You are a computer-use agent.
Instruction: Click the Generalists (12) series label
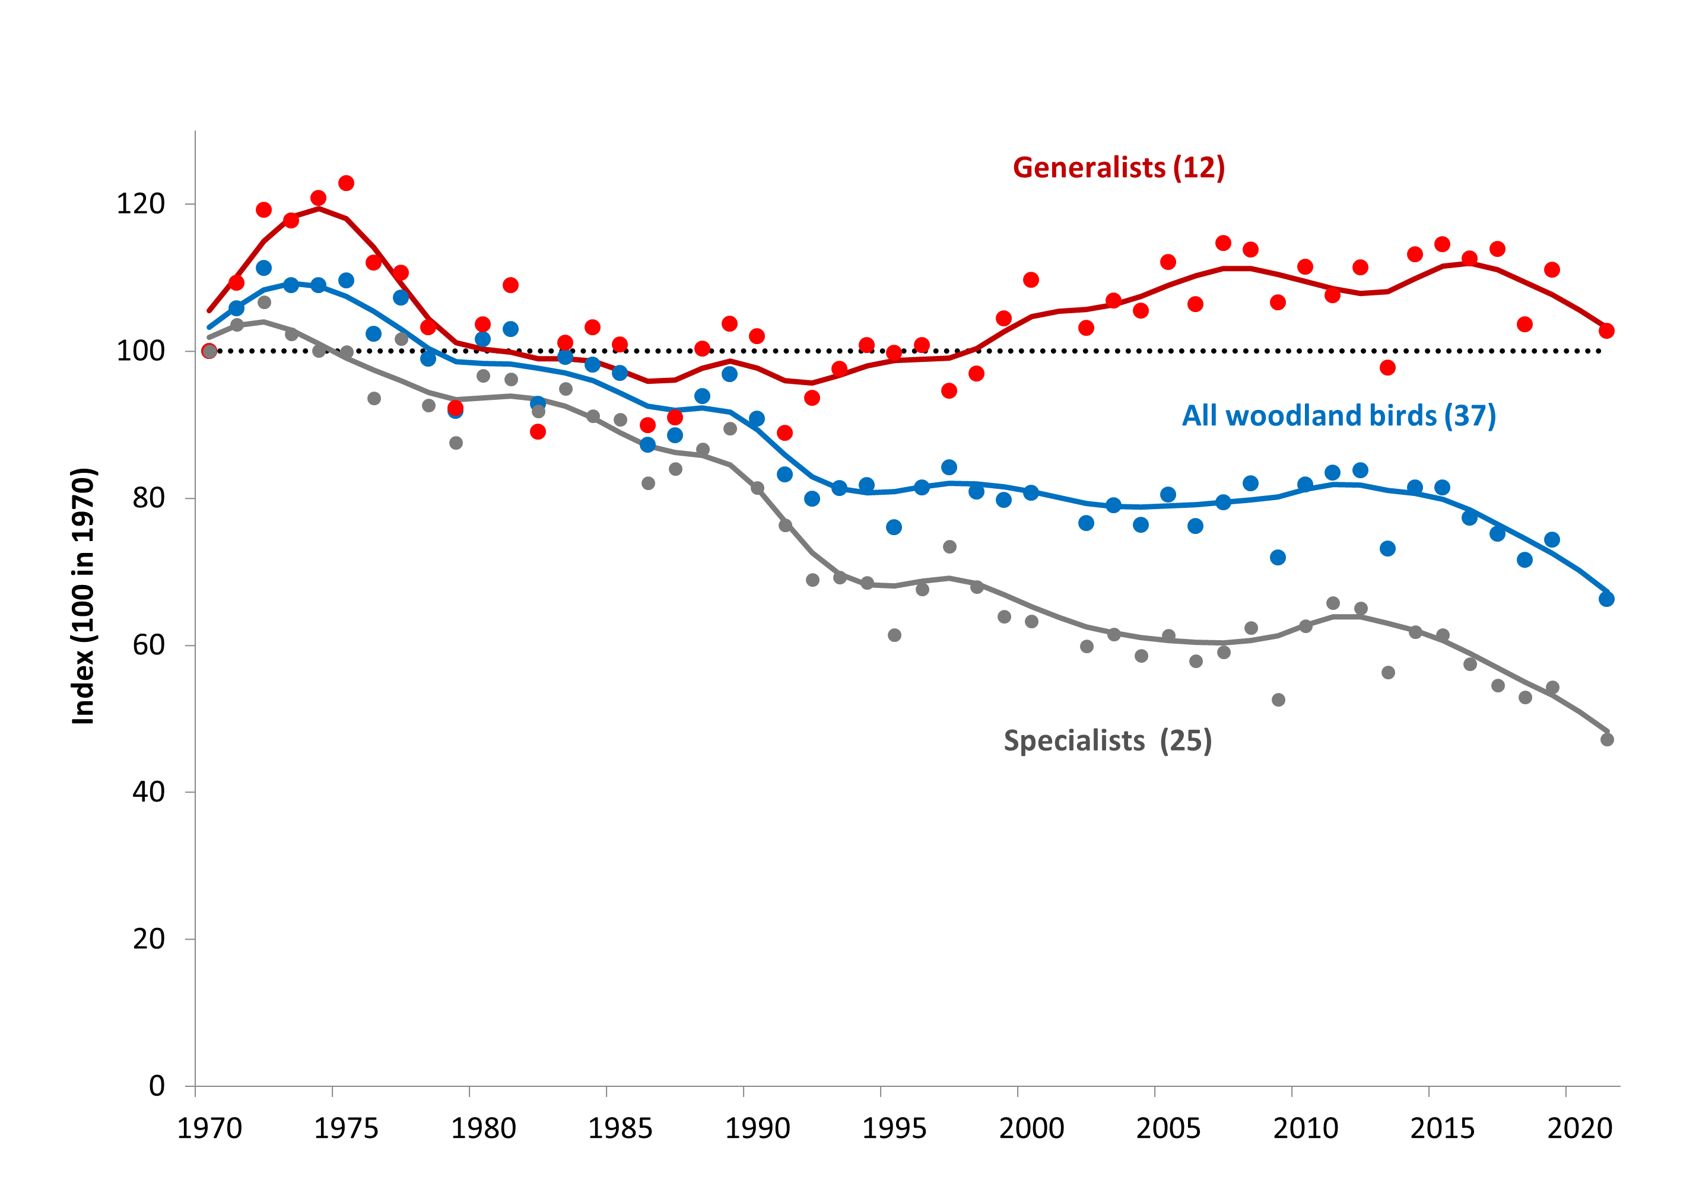pyautogui.click(x=1118, y=168)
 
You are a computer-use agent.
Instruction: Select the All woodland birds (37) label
pyautogui.click(x=1338, y=416)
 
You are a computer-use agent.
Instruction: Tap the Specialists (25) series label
pyautogui.click(x=1107, y=741)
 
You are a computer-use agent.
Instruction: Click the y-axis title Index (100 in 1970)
pyautogui.click(x=83, y=596)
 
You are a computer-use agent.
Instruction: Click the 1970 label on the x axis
pyautogui.click(x=209, y=1128)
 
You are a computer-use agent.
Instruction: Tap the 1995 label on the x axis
pyautogui.click(x=894, y=1128)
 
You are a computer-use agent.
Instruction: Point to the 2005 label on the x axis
pyautogui.click(x=1168, y=1128)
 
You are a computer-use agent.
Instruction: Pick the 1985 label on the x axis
pyautogui.click(x=620, y=1128)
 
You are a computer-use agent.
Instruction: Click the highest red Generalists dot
pyautogui.click(x=346, y=183)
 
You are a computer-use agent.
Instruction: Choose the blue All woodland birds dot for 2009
pyautogui.click(x=1278, y=557)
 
